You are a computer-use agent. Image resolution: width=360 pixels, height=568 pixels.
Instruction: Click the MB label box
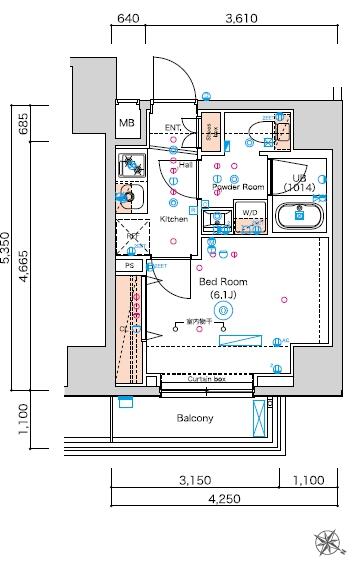point(127,123)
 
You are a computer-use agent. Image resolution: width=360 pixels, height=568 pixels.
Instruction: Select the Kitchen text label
point(174,219)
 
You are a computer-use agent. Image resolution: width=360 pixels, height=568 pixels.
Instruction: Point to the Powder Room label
point(238,187)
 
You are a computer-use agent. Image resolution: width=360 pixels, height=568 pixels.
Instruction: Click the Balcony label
point(195,418)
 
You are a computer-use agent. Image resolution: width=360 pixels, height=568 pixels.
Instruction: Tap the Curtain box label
point(206,381)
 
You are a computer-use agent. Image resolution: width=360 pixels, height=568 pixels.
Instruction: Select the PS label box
point(129,266)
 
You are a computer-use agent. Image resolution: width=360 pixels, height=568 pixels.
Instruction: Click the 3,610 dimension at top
point(241,17)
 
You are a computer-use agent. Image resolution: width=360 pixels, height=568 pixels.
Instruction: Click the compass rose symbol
point(328,541)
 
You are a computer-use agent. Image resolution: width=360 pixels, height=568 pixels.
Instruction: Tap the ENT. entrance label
point(173,127)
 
